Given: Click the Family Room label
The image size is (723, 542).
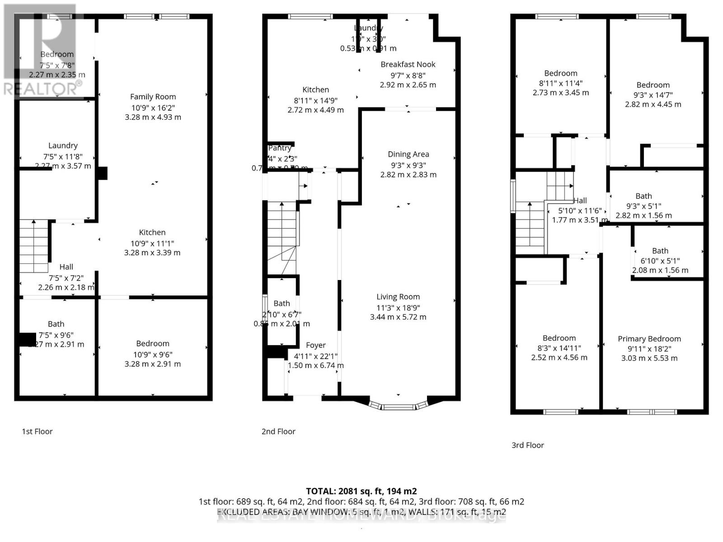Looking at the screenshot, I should [153, 97].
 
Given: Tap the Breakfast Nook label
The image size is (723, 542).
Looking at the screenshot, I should [408, 65].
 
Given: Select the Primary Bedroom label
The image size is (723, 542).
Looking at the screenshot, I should [649, 339].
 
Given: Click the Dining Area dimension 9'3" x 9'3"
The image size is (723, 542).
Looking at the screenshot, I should [408, 165].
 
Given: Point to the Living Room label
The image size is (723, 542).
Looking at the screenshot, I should [398, 297].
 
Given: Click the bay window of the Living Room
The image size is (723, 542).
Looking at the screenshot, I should [398, 406].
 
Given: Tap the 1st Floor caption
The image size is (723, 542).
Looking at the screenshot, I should [37, 431].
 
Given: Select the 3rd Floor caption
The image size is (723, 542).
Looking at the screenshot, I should [527, 445].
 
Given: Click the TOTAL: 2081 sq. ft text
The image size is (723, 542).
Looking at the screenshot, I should [361, 491].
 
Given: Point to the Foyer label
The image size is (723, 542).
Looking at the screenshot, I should [316, 345].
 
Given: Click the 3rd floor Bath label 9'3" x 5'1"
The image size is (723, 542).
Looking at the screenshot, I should [643, 196].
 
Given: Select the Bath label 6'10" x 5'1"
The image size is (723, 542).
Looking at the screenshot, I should [660, 251].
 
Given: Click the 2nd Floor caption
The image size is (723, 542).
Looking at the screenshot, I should [278, 431].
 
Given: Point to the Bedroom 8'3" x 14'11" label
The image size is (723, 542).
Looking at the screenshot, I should [559, 338].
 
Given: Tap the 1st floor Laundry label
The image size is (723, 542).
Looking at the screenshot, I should [63, 145].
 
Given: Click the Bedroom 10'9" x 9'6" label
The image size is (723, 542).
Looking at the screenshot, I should [153, 344].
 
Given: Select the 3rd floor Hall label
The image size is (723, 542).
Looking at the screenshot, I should [580, 201].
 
